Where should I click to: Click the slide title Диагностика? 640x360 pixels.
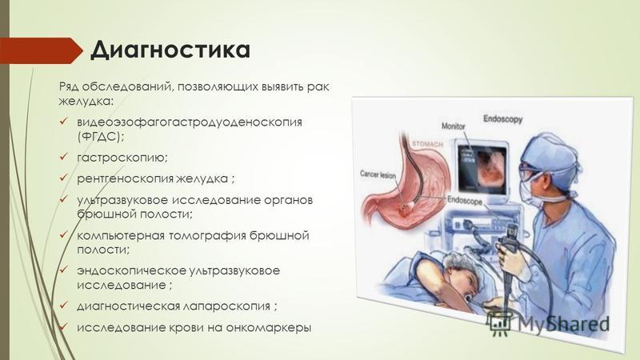tap(170, 50)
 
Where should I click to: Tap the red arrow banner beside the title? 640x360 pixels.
tap(41, 50)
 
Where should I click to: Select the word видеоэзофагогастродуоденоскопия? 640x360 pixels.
tap(190, 122)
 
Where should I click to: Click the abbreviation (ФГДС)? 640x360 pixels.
tap(101, 137)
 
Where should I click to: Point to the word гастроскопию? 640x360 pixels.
tap(122, 158)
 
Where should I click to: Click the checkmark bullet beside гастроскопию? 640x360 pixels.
tap(64, 157)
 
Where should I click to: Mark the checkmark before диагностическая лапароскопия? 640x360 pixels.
tap(64, 306)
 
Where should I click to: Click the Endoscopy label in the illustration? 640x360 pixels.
tap(503, 119)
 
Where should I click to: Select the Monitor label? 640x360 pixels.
tap(453, 126)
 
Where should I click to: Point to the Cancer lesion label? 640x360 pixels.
tap(378, 174)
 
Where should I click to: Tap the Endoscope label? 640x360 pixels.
tap(465, 201)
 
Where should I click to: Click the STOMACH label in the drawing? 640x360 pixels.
tap(427, 144)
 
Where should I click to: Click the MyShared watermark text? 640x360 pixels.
tap(564, 324)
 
